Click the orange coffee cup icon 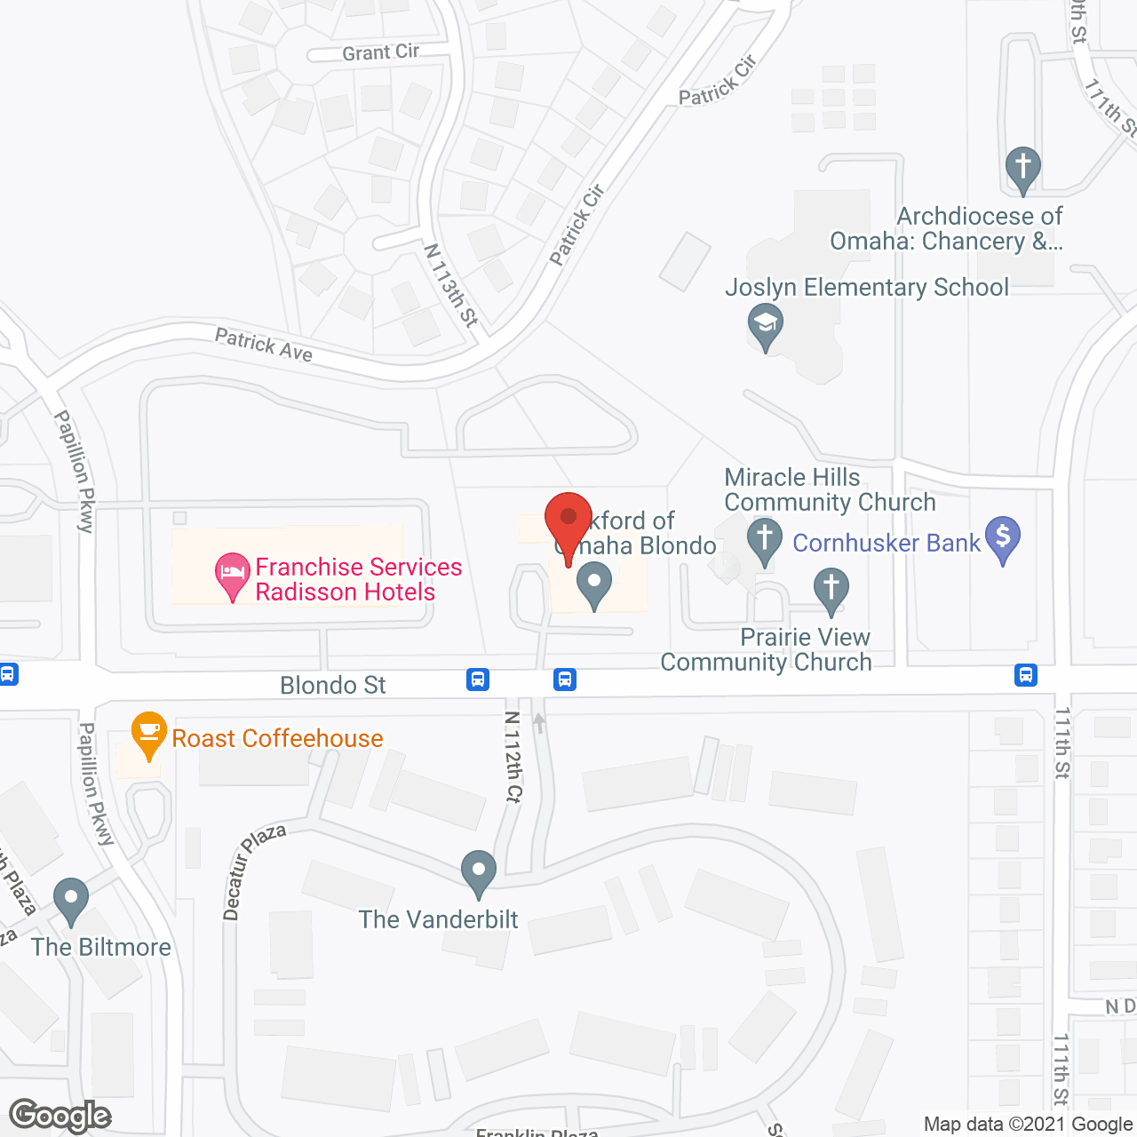[x=148, y=733]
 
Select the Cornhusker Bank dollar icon [x=1003, y=538]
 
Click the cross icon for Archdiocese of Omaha [x=1022, y=168]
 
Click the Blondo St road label [x=332, y=685]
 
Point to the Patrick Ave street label [x=264, y=345]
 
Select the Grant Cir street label [x=380, y=52]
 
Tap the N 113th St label [x=451, y=285]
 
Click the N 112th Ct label [x=512, y=757]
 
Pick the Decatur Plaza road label [x=254, y=871]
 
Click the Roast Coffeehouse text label [x=277, y=738]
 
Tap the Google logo [x=60, y=1116]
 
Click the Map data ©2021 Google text [x=1029, y=1125]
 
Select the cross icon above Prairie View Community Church [x=831, y=590]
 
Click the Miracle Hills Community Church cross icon [x=764, y=540]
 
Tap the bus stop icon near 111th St [x=1026, y=675]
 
